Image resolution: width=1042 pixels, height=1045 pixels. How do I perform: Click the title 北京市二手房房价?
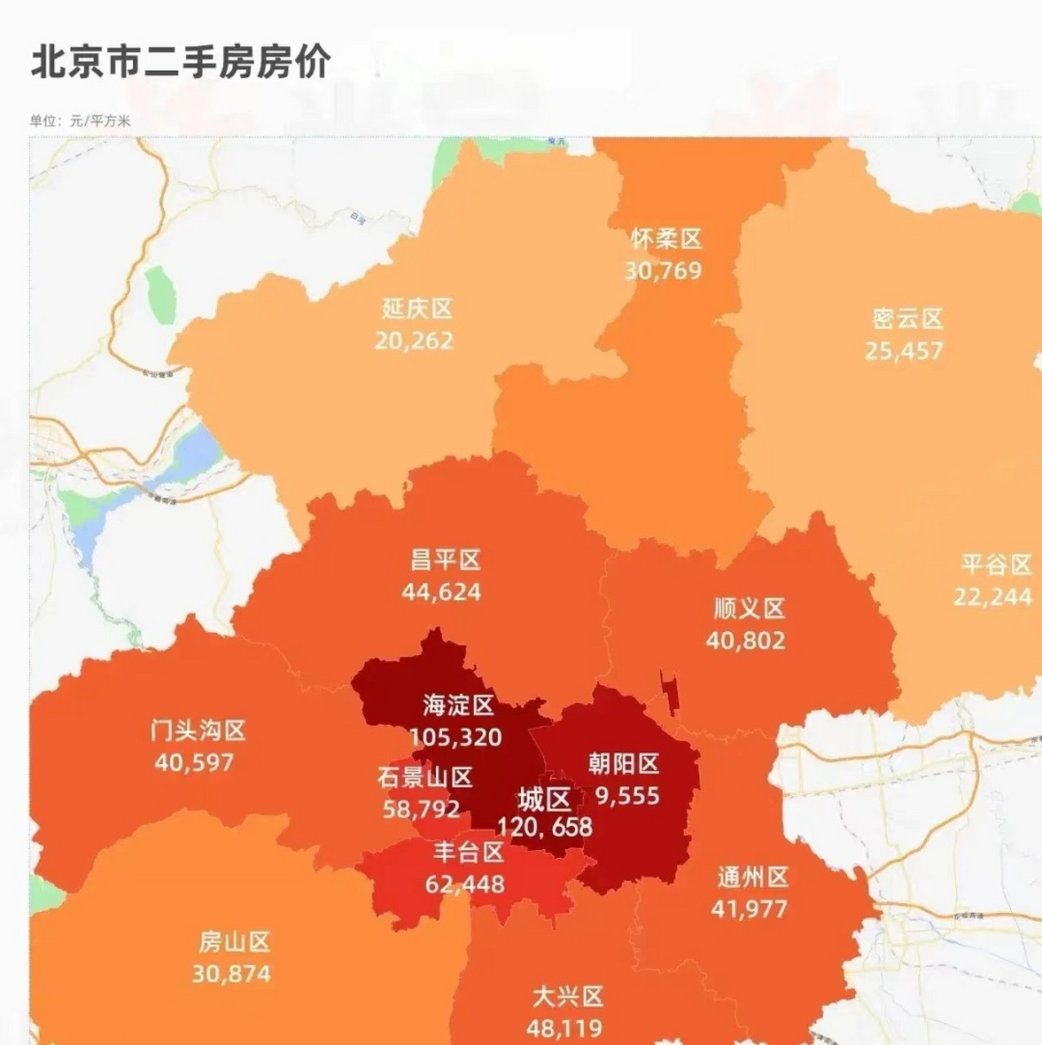(x=180, y=63)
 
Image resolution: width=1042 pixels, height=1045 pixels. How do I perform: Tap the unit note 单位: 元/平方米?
(x=80, y=121)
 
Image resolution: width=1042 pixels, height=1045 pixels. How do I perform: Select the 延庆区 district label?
(x=416, y=309)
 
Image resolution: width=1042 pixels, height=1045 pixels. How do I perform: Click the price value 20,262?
(x=414, y=340)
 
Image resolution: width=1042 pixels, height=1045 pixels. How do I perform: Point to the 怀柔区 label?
(x=666, y=239)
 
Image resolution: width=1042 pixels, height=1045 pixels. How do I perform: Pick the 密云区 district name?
(x=906, y=318)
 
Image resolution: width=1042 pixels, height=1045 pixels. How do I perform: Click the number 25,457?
(x=904, y=351)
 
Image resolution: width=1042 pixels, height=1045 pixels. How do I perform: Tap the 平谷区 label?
(x=995, y=565)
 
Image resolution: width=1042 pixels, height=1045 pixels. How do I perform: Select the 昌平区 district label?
(x=445, y=560)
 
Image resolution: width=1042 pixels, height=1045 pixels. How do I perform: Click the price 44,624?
(x=442, y=592)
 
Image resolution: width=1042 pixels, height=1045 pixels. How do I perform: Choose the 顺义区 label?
(x=749, y=608)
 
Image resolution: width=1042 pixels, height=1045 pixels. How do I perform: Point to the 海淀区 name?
(x=458, y=705)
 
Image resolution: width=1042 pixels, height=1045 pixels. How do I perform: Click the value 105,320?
(x=456, y=737)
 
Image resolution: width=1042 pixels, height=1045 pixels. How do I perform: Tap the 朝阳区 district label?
(x=624, y=763)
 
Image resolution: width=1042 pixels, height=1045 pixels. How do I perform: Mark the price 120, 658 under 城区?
(x=545, y=827)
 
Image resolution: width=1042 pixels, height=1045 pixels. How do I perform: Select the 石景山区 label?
(x=425, y=776)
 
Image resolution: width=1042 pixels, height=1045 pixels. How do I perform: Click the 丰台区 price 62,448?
(x=465, y=884)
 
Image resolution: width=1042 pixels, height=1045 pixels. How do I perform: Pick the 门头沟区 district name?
(x=198, y=730)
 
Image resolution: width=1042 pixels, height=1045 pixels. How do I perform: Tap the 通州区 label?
(x=752, y=878)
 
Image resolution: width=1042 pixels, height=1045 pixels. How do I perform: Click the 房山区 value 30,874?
(x=231, y=974)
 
